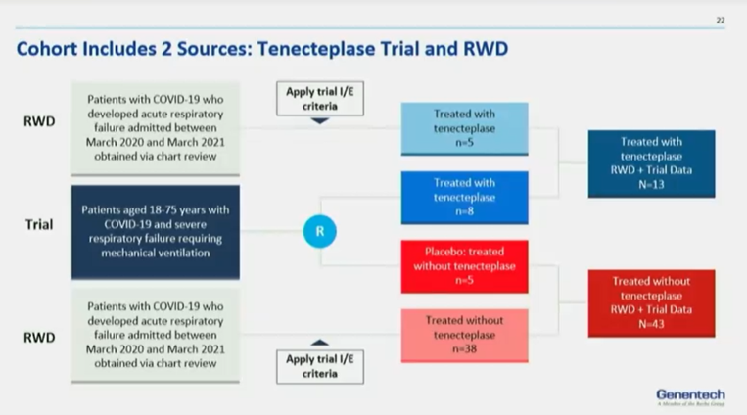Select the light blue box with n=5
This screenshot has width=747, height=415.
(464, 127)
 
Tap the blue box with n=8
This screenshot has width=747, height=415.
(464, 197)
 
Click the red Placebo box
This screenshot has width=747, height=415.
(464, 266)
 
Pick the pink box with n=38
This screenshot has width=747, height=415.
(464, 335)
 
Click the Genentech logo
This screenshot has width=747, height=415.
(690, 394)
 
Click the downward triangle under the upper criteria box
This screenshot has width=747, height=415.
(319, 121)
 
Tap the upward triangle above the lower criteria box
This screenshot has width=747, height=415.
(319, 342)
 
